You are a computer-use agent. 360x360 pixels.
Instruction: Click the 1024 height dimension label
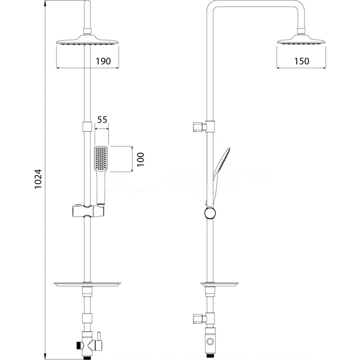coord(38,179)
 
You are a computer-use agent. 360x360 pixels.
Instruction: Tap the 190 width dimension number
coord(103,61)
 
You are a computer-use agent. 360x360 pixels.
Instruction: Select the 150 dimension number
coord(302,61)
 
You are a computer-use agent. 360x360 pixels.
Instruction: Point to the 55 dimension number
coord(102,120)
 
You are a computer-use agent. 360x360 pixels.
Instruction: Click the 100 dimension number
coord(140,159)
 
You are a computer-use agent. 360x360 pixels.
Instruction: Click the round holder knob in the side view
coord(210,213)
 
